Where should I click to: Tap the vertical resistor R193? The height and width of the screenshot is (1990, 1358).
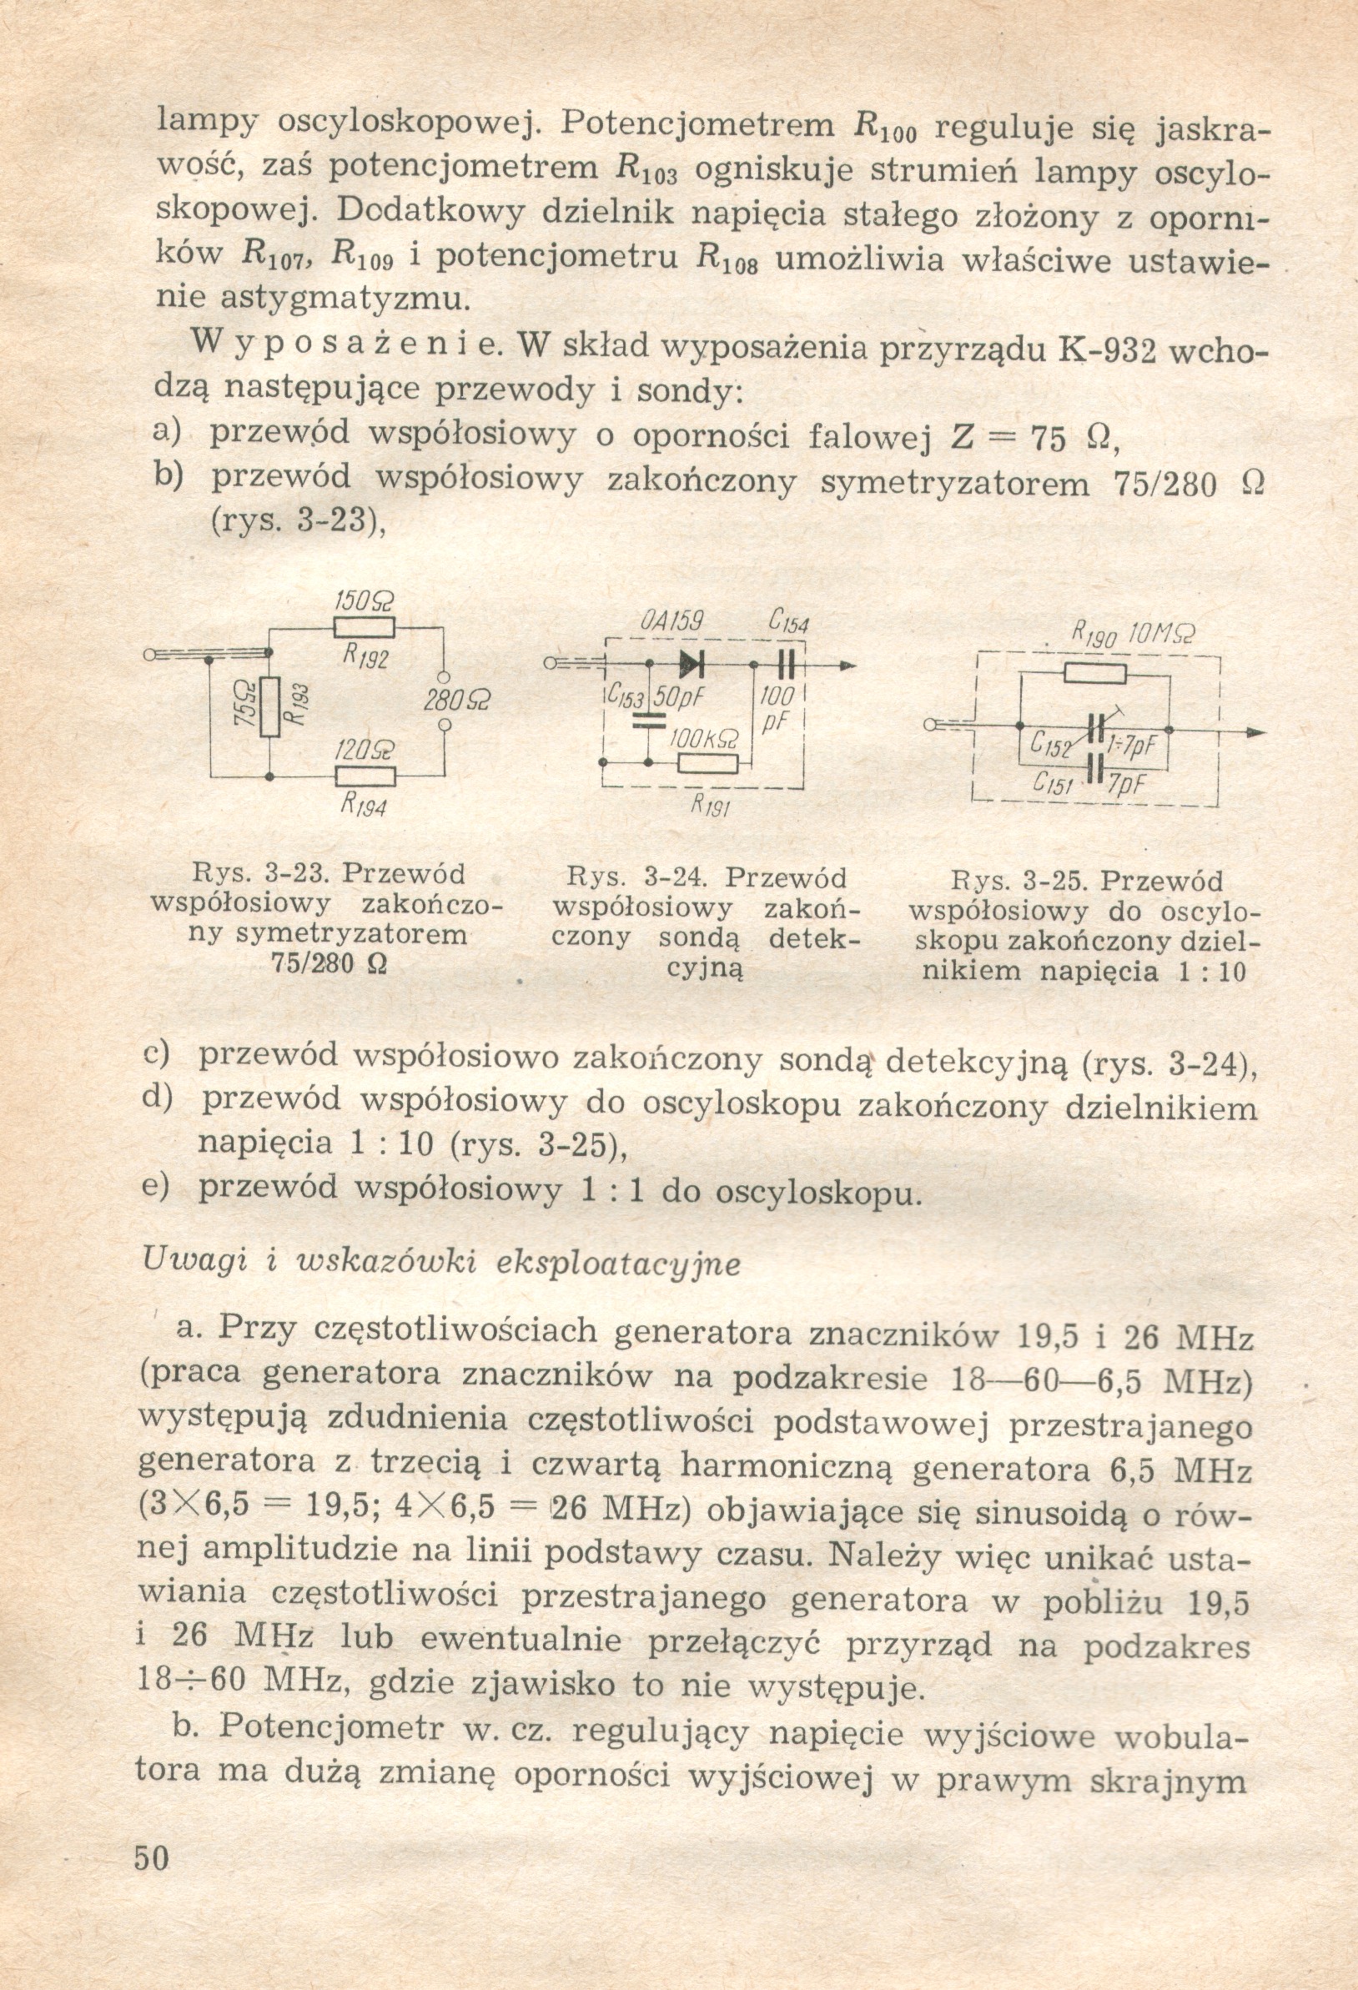[269, 706]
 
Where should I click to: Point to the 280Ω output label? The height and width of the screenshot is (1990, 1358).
[452, 700]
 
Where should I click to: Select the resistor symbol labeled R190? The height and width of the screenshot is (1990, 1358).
[1095, 674]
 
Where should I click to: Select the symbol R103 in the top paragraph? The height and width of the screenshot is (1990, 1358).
[646, 168]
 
